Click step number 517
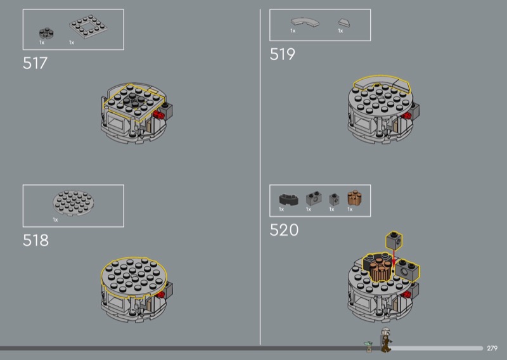tap(35, 63)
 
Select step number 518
tap(35, 240)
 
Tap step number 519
tap(282, 54)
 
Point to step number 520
tap(284, 230)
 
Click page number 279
tap(492, 349)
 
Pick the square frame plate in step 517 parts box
tap(88, 27)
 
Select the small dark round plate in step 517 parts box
tap(46, 33)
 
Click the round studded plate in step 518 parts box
tap(74, 203)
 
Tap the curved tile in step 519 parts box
tap(305, 22)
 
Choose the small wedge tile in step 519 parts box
tap(344, 23)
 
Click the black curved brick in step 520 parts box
tap(289, 199)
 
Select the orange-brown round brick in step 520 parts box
tap(354, 198)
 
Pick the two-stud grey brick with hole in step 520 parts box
tap(314, 198)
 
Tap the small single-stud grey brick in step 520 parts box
tap(335, 200)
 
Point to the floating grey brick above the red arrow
tap(394, 241)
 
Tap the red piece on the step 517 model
tap(158, 115)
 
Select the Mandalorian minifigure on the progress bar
tap(386, 340)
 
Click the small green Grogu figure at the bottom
tap(368, 347)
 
